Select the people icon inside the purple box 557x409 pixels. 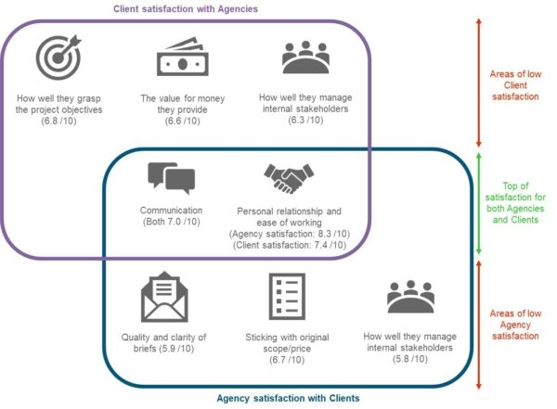pyautogui.click(x=306, y=58)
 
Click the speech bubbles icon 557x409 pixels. pyautogui.click(x=171, y=178)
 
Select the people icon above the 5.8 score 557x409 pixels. pyautogui.click(x=410, y=297)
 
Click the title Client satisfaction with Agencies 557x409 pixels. pyautogui.click(x=186, y=8)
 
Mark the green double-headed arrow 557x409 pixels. pyautogui.click(x=478, y=204)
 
